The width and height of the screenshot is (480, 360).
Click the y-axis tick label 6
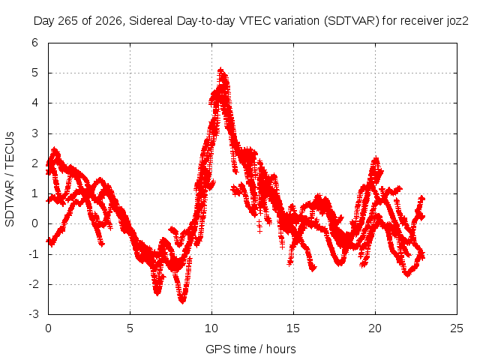35,43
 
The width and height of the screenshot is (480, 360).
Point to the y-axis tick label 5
35,73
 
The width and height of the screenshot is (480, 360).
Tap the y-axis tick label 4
35,103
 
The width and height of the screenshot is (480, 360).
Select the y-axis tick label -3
33,314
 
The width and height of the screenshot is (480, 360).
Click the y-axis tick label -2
33,284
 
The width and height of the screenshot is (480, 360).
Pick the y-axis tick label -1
33,254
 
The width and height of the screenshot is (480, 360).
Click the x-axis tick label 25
457,328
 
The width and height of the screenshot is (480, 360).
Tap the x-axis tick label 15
293,328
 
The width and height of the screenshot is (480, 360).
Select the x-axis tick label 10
211,328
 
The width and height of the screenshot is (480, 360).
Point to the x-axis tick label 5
130,328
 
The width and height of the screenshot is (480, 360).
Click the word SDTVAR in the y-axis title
10,203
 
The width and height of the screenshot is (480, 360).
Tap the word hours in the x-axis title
281,349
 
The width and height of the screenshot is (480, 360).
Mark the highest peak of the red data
220,70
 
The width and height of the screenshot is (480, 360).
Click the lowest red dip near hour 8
182,301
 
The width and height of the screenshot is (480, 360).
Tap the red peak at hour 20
376,158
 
